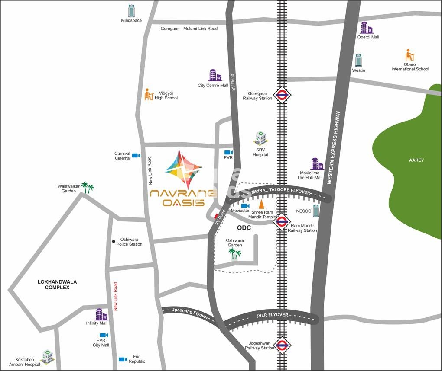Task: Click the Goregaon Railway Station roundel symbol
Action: click(282, 95)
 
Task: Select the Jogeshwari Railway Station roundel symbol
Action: click(282, 345)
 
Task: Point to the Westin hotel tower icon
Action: click(358, 61)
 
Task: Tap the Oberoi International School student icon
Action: click(409, 55)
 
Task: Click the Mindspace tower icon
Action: click(131, 11)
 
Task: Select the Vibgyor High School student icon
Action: click(149, 94)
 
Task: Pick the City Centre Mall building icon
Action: click(214, 75)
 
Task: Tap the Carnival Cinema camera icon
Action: click(136, 155)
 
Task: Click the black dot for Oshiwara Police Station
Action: click(114, 241)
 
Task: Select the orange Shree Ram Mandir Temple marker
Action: click(261, 204)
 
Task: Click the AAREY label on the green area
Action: click(416, 160)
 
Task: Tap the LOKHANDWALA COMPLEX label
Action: click(57, 285)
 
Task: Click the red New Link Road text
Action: click(116, 296)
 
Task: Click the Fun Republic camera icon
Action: click(123, 359)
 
